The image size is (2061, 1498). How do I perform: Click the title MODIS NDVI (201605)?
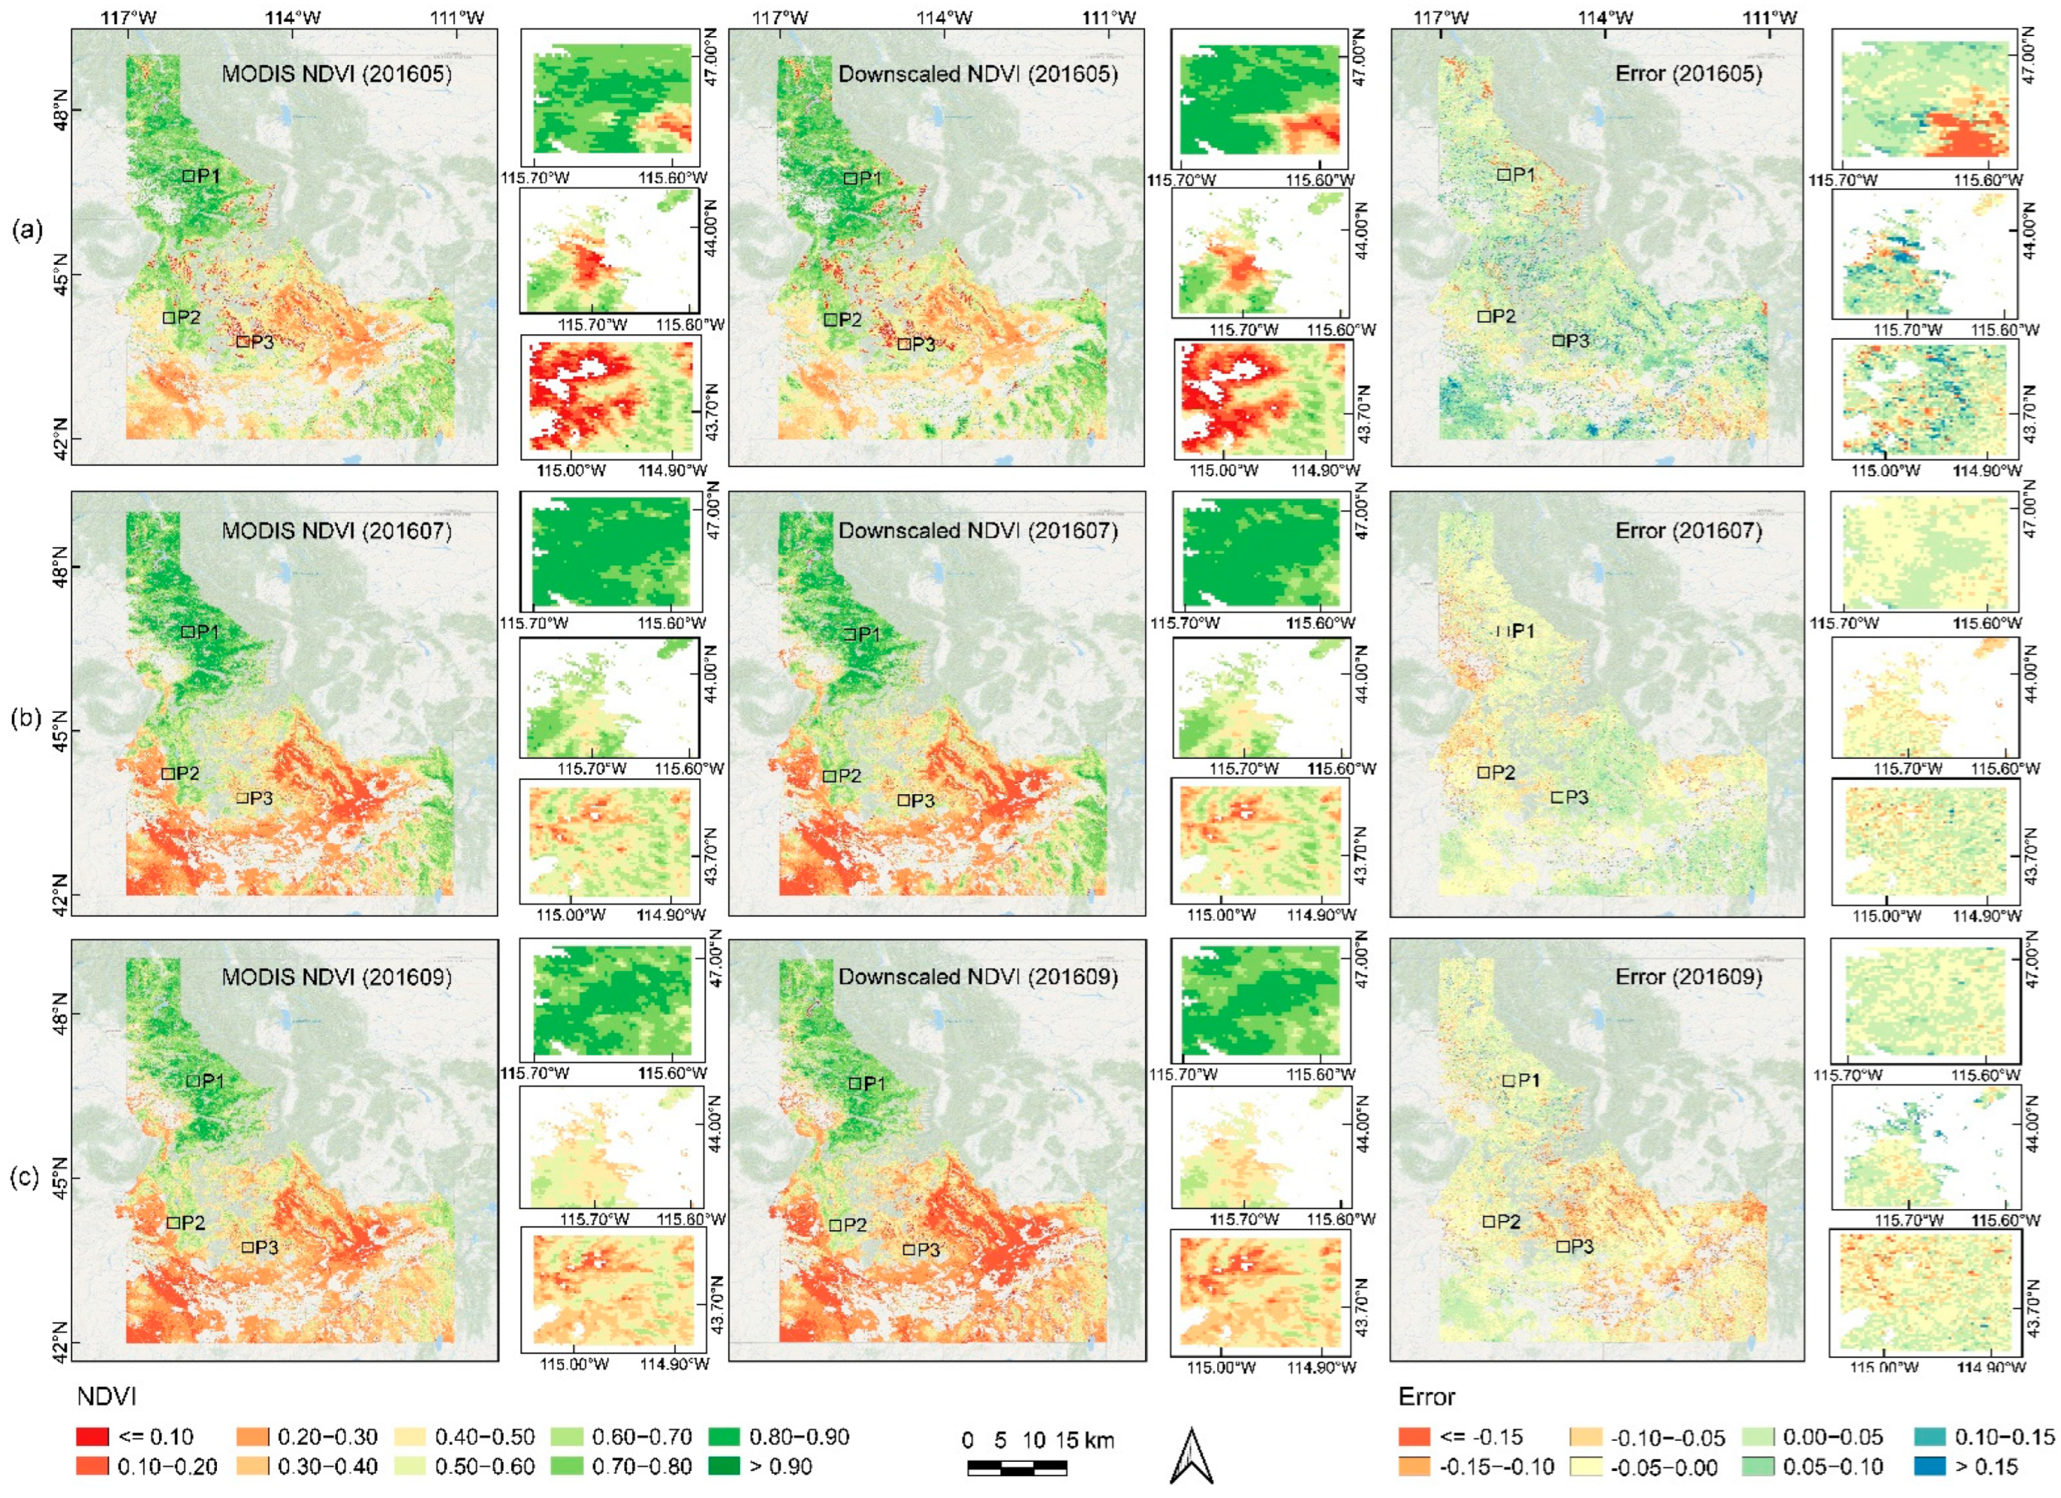pos(336,74)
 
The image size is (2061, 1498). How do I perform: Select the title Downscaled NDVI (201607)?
pos(978,530)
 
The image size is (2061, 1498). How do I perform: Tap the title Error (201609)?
pos(1688,976)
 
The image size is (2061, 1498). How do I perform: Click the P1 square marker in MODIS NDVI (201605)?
pos(189,175)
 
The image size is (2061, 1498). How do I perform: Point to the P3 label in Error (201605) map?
pos(1577,341)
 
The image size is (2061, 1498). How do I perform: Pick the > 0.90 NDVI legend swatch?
pos(726,1466)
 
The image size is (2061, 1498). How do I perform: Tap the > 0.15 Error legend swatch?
pos(1930,1466)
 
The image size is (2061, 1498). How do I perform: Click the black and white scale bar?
pos(1017,1466)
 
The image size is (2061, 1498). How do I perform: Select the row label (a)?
pos(27,230)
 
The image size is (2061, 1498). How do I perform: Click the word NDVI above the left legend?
pos(106,1397)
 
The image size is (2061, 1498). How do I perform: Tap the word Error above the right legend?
pos(1426,1397)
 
